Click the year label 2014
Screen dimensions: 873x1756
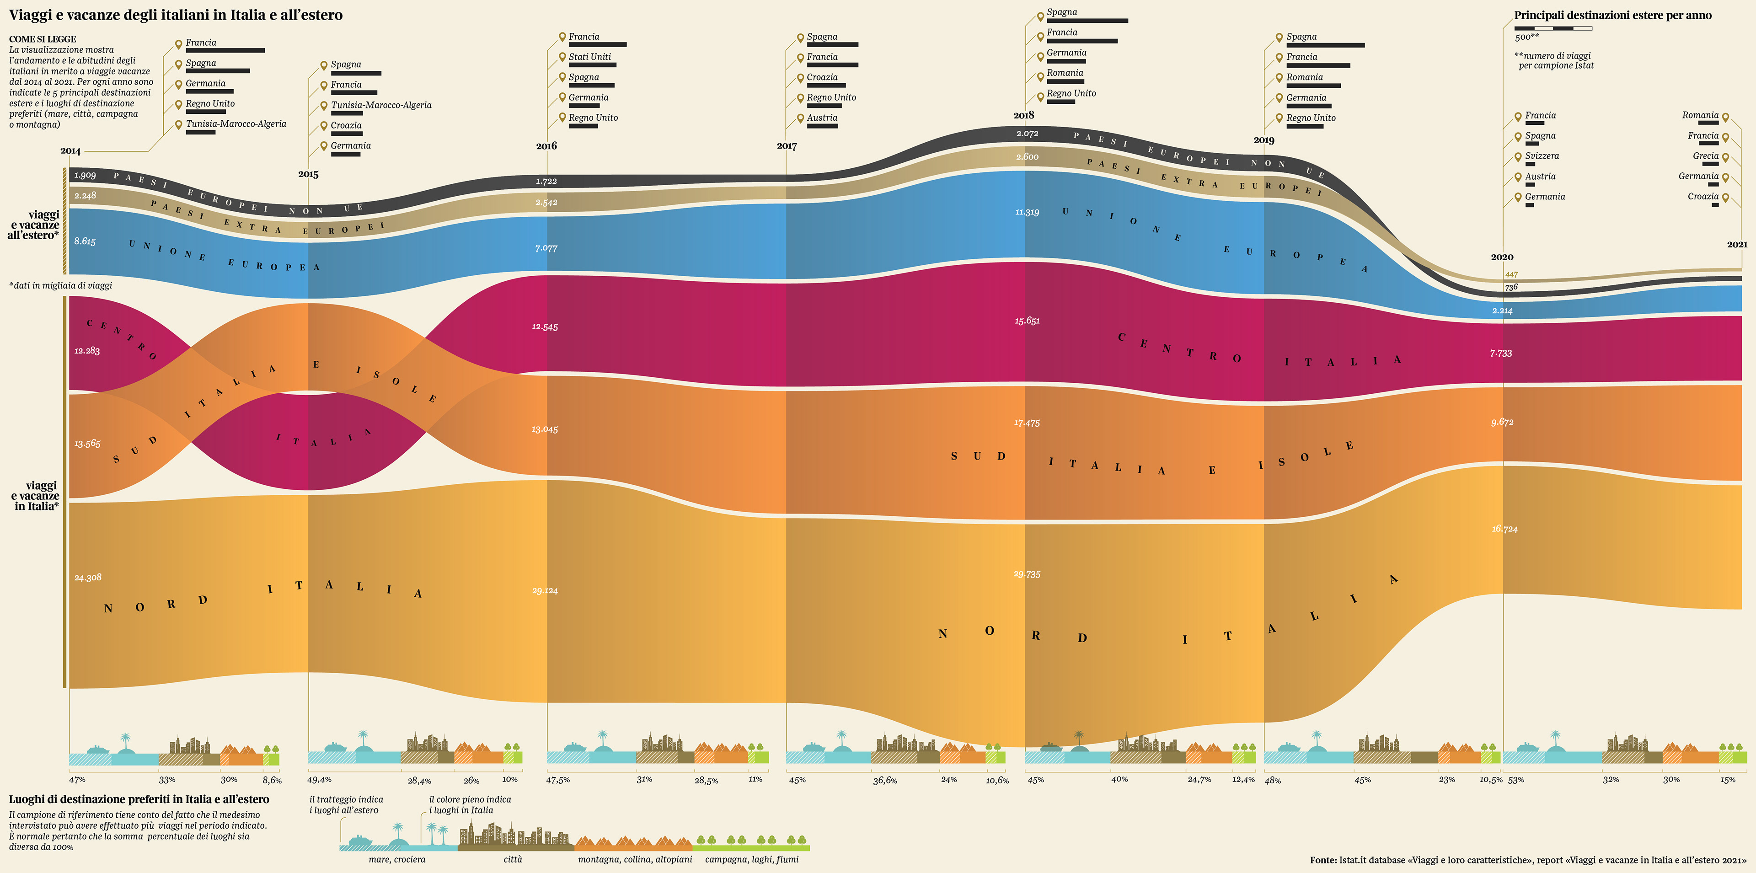point(70,150)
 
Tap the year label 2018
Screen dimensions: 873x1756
point(1023,115)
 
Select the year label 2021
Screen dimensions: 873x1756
point(1737,244)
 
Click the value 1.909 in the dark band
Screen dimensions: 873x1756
point(85,175)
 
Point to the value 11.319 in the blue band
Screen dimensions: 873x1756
point(1027,212)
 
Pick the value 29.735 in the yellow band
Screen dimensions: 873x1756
point(1027,574)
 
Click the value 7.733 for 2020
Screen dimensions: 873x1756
point(1500,353)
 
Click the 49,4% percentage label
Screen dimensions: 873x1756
point(319,780)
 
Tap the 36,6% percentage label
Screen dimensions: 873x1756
point(885,780)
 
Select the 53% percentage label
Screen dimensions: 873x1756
point(1515,780)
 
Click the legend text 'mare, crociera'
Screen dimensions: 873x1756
point(397,859)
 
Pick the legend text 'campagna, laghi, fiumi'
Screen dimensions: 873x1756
point(751,859)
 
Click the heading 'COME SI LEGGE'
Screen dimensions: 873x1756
point(42,39)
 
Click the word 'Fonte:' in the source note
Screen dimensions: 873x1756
point(1322,860)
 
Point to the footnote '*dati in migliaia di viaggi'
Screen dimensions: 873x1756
point(61,285)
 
